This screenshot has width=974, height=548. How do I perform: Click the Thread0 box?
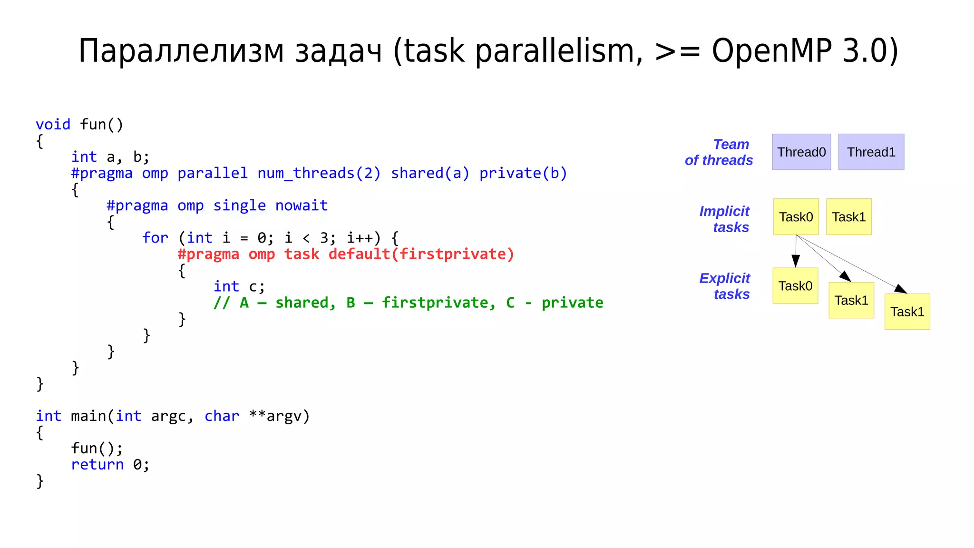point(801,152)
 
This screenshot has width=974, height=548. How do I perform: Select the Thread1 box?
point(871,152)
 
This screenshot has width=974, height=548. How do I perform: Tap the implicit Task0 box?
point(796,217)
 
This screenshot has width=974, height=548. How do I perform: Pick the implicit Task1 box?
point(848,217)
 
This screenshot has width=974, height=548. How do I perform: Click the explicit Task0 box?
point(795,286)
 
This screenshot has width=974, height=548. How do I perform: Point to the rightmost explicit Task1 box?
point(907,312)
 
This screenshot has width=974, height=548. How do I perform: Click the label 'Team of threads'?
point(719,152)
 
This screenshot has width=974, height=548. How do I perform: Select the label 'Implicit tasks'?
point(724,219)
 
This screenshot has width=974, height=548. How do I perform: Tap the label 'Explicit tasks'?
point(725,286)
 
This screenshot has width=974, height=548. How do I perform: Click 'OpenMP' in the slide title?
point(771,50)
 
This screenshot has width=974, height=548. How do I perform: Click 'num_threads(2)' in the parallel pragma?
point(319,173)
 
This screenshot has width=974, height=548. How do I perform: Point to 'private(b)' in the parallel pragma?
point(523,173)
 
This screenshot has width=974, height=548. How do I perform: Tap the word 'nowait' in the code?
point(302,205)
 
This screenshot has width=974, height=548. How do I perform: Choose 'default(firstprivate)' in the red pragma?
point(421,254)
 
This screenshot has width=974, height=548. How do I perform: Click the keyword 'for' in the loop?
point(155,238)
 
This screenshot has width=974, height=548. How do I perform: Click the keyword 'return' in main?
point(97,465)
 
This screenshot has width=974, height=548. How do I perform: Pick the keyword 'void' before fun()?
point(53,125)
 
